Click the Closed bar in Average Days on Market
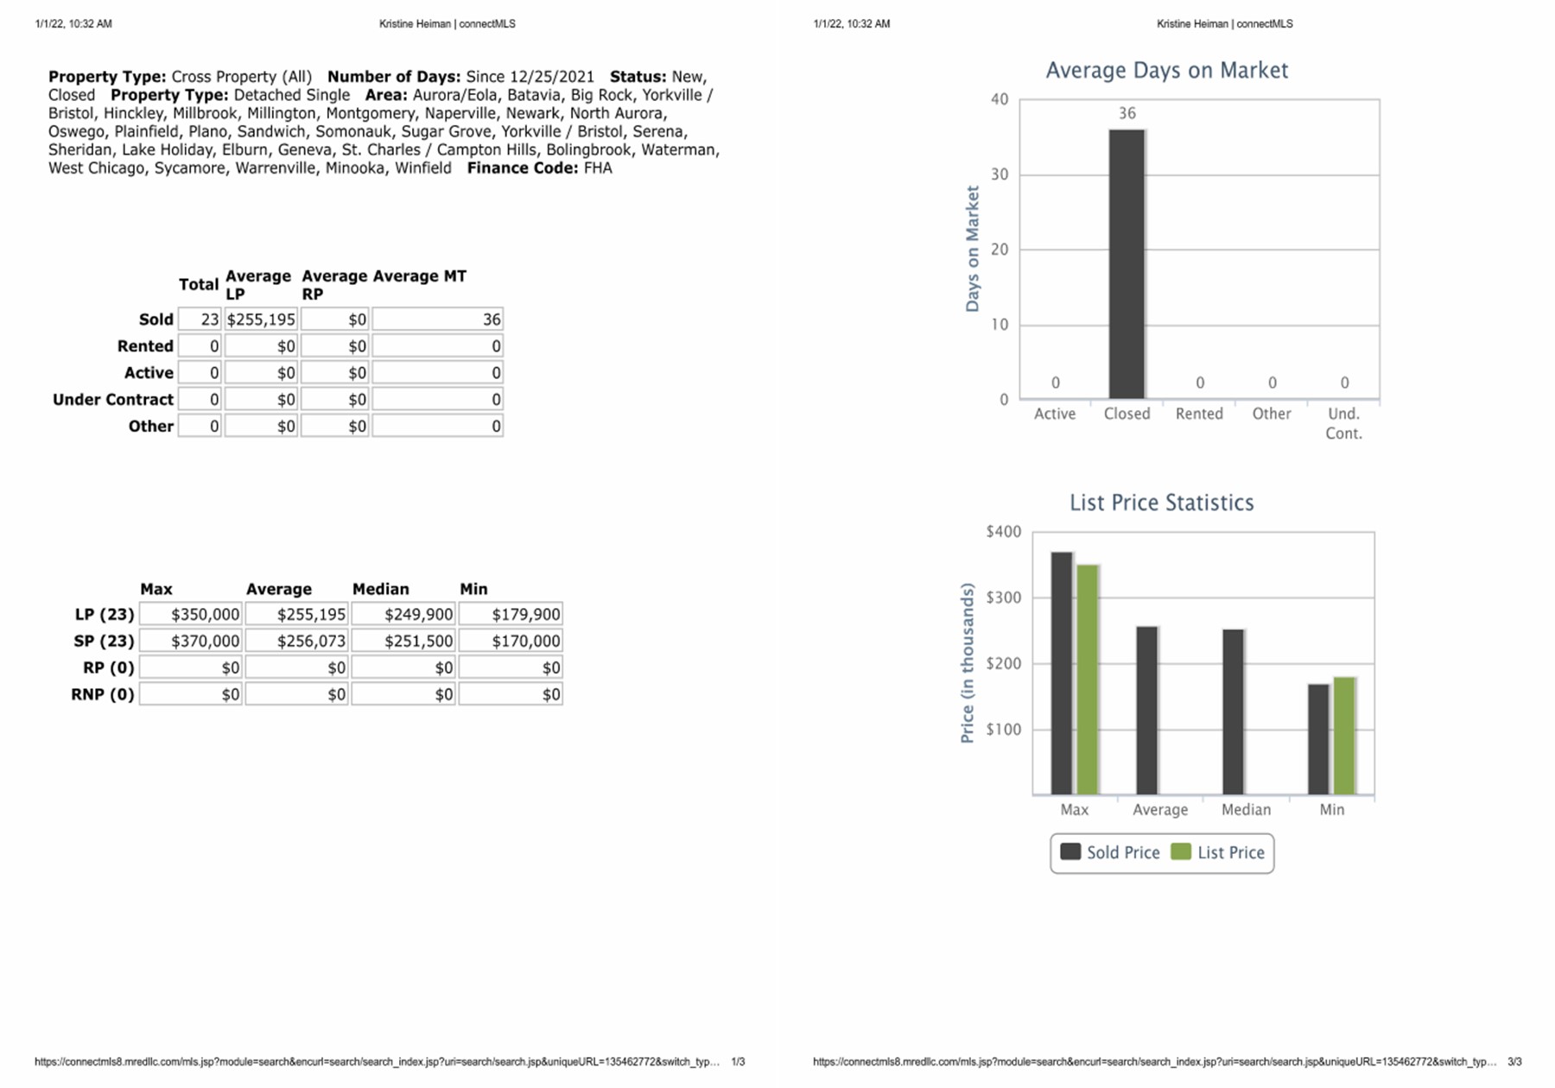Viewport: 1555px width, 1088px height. pyautogui.click(x=1127, y=263)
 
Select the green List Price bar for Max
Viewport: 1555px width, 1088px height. pyautogui.click(x=1088, y=680)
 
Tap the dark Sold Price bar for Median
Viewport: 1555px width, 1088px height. pyautogui.click(x=1233, y=712)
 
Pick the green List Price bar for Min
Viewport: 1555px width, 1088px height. pyautogui.click(x=1344, y=736)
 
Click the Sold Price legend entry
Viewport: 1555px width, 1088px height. pyautogui.click(x=1110, y=852)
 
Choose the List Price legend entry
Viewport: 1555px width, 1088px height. pyautogui.click(x=1218, y=852)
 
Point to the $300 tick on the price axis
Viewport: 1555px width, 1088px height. pyautogui.click(x=1004, y=598)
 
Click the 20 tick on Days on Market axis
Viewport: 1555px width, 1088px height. pyautogui.click(x=1000, y=250)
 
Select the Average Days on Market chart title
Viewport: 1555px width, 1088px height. pyautogui.click(x=1166, y=70)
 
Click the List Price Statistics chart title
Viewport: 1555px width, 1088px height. pyautogui.click(x=1161, y=503)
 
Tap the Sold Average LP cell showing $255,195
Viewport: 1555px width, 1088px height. pyautogui.click(x=261, y=319)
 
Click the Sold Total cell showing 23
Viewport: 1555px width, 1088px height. pyautogui.click(x=200, y=319)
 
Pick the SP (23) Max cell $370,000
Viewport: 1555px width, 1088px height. pyautogui.click(x=190, y=641)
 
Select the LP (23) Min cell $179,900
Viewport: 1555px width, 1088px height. pyautogui.click(x=511, y=614)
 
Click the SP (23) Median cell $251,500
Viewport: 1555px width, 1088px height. pyautogui.click(x=403, y=641)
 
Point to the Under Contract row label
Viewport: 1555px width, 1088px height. pyautogui.click(x=113, y=399)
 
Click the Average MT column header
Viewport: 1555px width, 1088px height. pyautogui.click(x=420, y=276)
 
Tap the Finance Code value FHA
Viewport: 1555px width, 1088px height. pyautogui.click(x=598, y=168)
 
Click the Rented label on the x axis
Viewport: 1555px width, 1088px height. pyautogui.click(x=1199, y=414)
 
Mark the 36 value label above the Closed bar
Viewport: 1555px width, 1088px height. pyautogui.click(x=1127, y=113)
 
